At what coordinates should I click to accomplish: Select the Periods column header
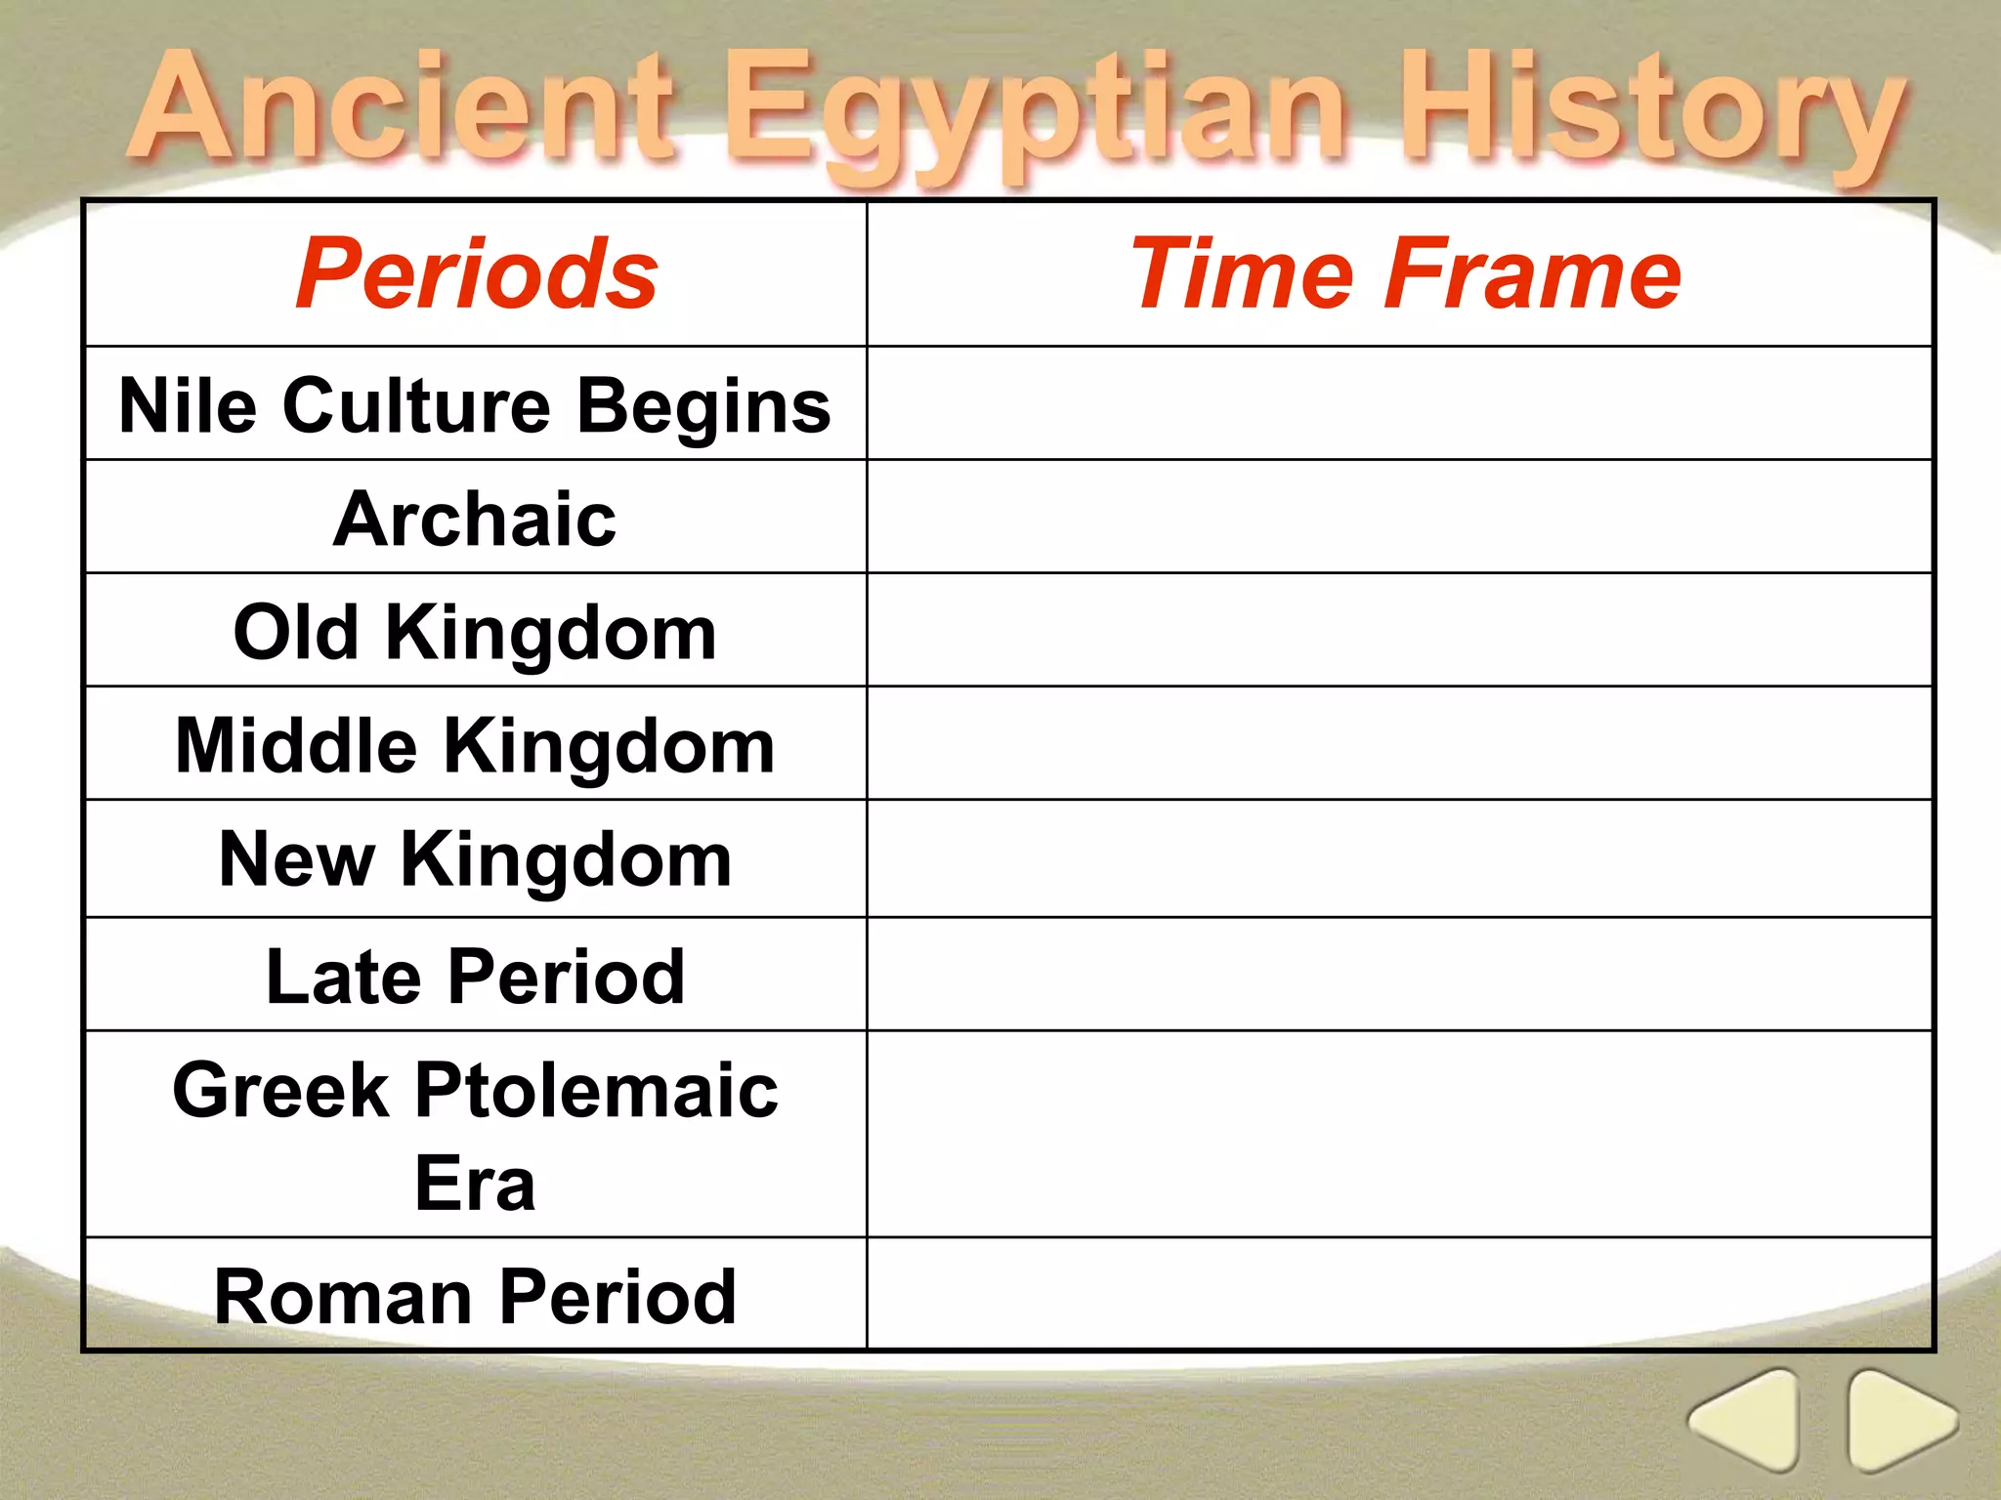pyautogui.click(x=476, y=274)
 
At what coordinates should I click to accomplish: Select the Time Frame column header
pyautogui.click(x=1404, y=274)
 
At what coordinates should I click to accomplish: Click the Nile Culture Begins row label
pyautogui.click(x=475, y=405)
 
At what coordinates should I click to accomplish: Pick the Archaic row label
pyautogui.click(x=475, y=519)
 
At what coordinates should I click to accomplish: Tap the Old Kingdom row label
pyautogui.click(x=475, y=632)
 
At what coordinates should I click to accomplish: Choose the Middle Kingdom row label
pyautogui.click(x=475, y=745)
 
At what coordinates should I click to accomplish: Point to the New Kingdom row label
pyautogui.click(x=475, y=859)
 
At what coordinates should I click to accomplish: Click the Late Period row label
pyautogui.click(x=475, y=976)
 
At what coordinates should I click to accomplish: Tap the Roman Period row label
pyautogui.click(x=475, y=1296)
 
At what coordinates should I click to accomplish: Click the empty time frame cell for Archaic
pyautogui.click(x=1399, y=517)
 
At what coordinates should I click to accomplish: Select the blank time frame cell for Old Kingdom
pyautogui.click(x=1399, y=630)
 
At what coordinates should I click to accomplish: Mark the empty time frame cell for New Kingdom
pyautogui.click(x=1399, y=858)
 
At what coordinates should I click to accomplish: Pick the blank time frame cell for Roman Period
pyautogui.click(x=1399, y=1294)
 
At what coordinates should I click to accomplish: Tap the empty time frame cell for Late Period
pyautogui.click(x=1399, y=974)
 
